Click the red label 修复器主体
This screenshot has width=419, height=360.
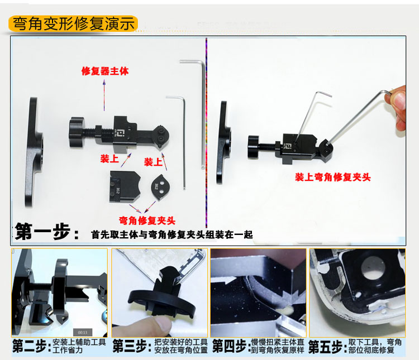(x=105, y=72)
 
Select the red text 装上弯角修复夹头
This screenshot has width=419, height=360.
(x=333, y=177)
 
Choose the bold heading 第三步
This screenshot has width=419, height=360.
(x=131, y=346)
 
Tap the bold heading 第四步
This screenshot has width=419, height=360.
(x=229, y=346)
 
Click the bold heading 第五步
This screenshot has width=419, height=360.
(x=327, y=346)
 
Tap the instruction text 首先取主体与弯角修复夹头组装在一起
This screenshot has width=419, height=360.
(x=172, y=235)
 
